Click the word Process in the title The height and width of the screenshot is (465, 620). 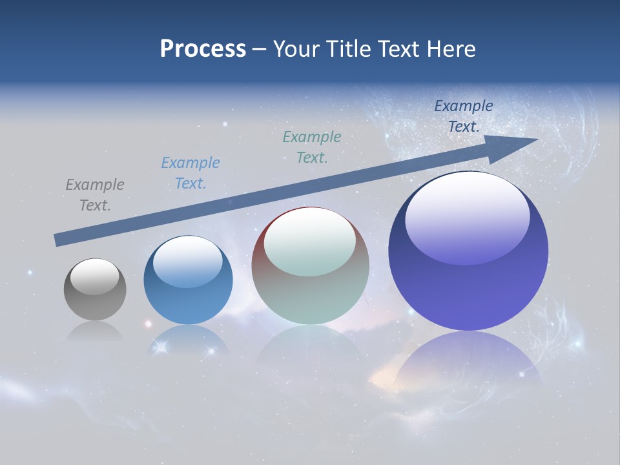click(x=203, y=49)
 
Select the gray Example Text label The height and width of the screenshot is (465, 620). click(x=95, y=195)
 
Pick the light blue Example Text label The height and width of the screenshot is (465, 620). click(x=191, y=173)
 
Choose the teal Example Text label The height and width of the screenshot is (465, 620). click(x=312, y=147)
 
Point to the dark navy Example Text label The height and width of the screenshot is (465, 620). click(x=464, y=116)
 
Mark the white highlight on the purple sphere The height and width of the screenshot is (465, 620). click(x=467, y=210)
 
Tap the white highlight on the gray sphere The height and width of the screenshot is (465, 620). click(x=95, y=276)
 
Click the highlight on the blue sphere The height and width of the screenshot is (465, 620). click(x=188, y=262)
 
